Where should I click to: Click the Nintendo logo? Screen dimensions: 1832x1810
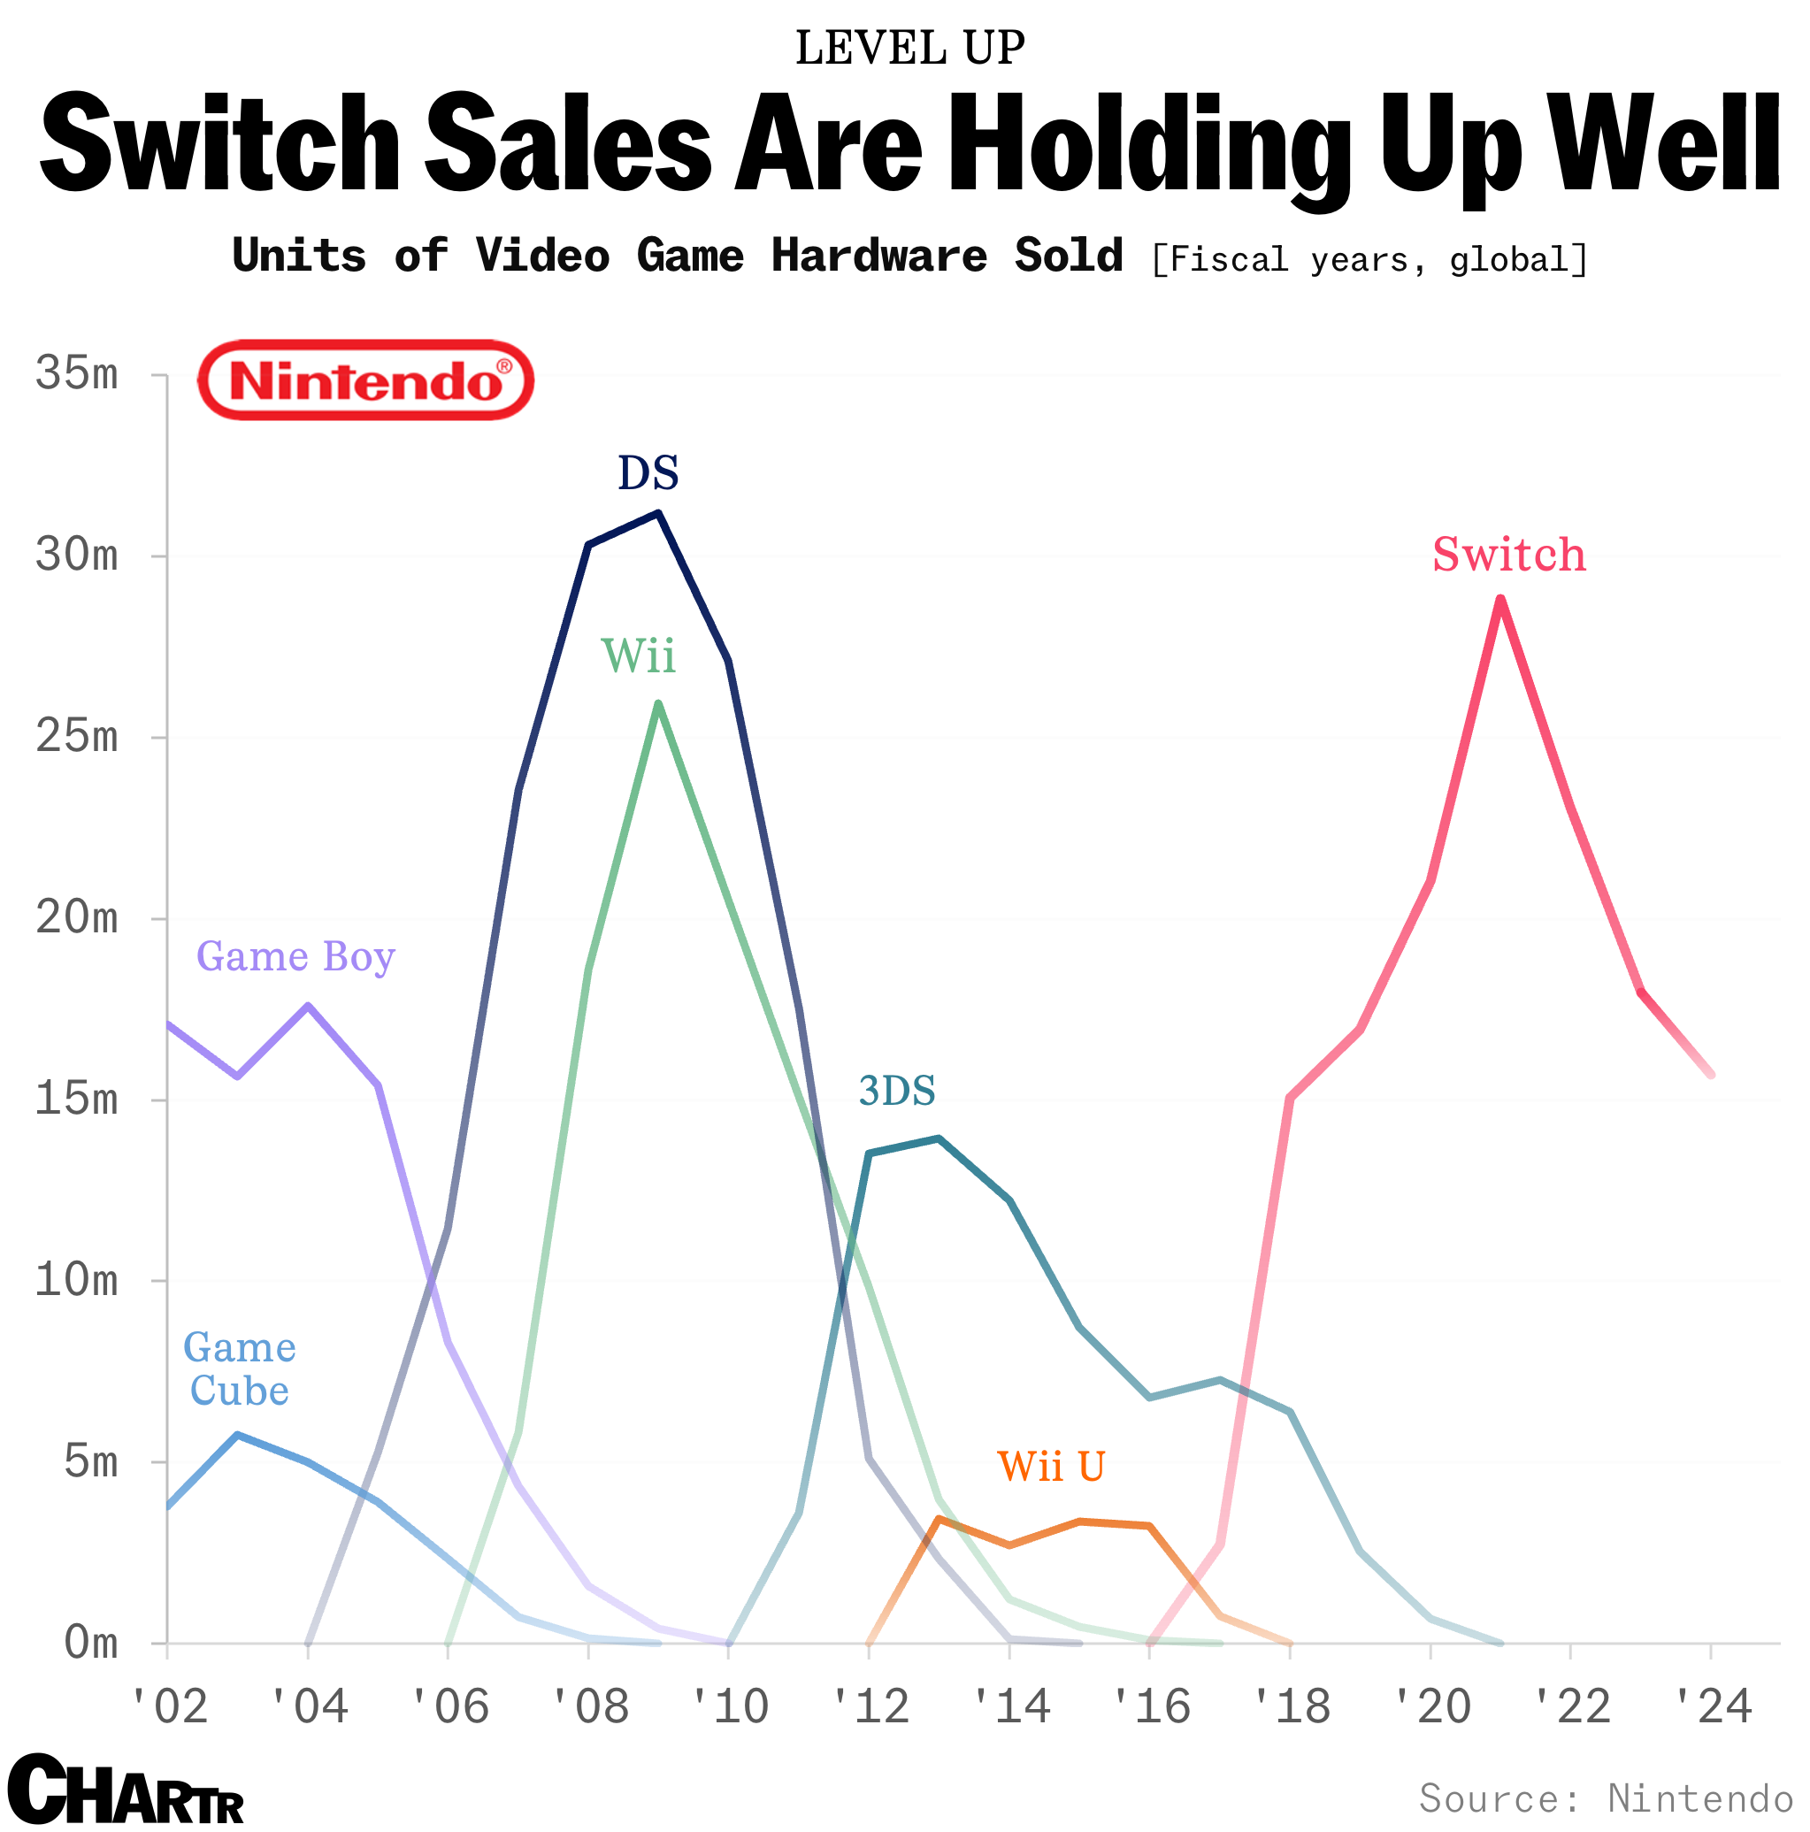(x=365, y=379)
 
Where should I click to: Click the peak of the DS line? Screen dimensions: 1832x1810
(x=658, y=513)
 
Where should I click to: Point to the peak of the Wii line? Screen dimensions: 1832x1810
(x=658, y=703)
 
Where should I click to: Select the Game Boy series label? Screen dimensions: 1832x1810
(x=295, y=957)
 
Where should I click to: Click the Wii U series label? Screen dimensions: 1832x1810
(x=1051, y=1467)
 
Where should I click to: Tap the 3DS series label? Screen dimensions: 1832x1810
(x=897, y=1092)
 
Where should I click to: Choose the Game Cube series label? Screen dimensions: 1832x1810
(x=239, y=1368)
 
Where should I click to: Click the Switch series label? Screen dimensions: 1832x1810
(x=1508, y=555)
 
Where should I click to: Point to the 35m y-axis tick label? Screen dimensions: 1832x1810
(x=77, y=373)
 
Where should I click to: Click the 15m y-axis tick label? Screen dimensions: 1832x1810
(x=77, y=1099)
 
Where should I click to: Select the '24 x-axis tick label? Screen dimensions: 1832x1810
(x=1712, y=1708)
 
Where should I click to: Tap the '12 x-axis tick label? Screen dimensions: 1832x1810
(x=870, y=1708)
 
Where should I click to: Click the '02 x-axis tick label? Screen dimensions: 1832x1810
(x=169, y=1708)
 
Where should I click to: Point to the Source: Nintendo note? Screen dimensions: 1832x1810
(x=1605, y=1797)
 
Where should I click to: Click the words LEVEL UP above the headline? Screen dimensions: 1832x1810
(x=909, y=48)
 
